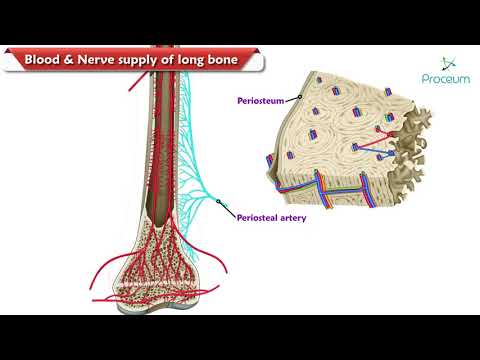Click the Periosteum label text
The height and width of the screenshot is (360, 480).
260,101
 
